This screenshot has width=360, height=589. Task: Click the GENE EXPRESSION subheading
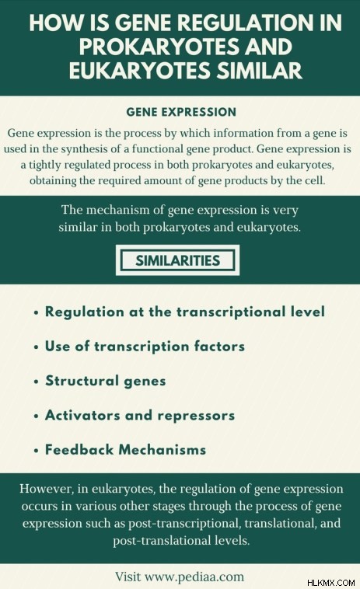coord(181,112)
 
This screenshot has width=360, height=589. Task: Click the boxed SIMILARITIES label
coord(177,260)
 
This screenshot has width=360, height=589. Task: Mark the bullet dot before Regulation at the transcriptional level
coord(36,313)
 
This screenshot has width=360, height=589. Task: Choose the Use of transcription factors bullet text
coord(145,347)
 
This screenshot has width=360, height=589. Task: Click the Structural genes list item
coord(105,381)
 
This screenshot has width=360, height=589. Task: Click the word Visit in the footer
coord(128,577)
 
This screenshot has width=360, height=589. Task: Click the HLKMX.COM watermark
coord(330,583)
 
